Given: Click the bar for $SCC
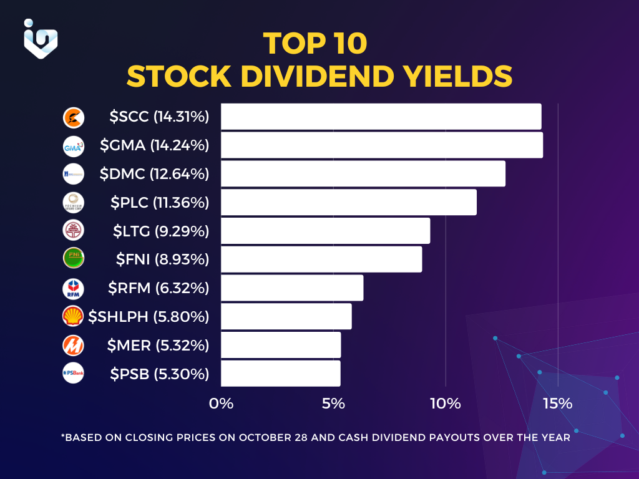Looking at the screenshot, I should [381, 117].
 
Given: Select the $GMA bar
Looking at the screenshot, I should [381, 145].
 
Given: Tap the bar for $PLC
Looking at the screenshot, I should [348, 202].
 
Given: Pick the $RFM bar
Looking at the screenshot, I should [292, 288].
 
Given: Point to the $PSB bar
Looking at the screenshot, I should [280, 374].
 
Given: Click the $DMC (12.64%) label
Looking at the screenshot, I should [154, 174].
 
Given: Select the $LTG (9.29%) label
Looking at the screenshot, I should [160, 231].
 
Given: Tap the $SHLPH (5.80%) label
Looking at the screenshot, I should [149, 317].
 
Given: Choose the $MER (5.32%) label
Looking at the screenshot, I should [158, 345].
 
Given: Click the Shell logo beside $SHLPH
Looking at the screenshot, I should [73, 317].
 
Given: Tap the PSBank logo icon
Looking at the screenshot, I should [73, 374].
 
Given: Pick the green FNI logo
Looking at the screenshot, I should [73, 259].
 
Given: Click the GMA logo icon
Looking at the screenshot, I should [73, 146].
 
